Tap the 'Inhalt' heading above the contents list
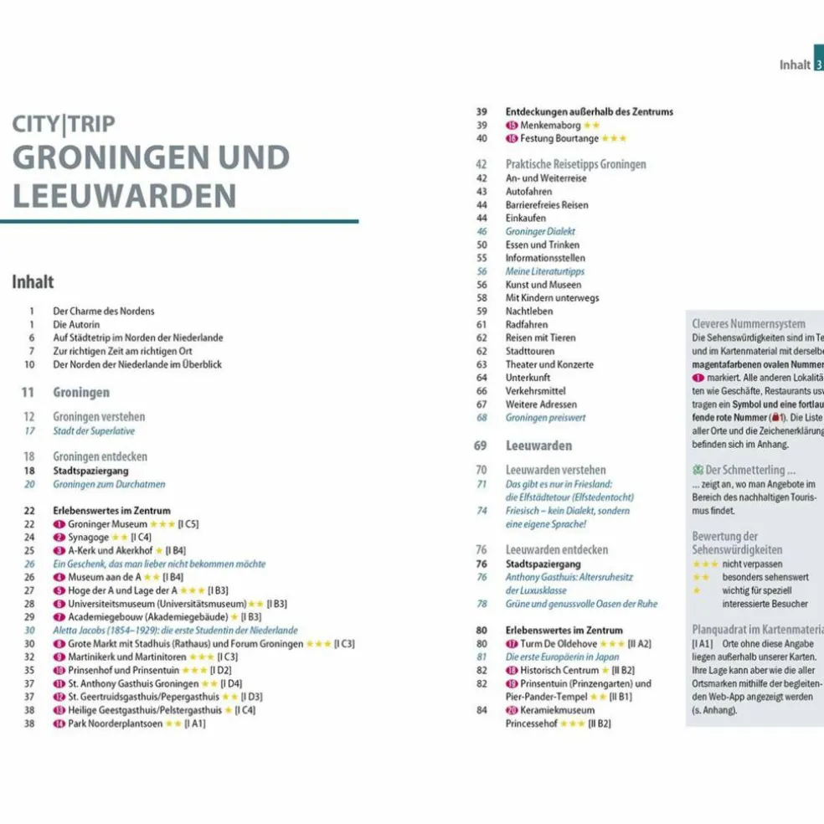pyautogui.click(x=33, y=282)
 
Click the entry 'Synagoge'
pyautogui.click(x=88, y=538)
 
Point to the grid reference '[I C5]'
pyautogui.click(x=188, y=524)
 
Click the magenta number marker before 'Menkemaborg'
pyautogui.click(x=512, y=125)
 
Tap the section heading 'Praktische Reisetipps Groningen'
pyautogui.click(x=575, y=164)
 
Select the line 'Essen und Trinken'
pyautogui.click(x=542, y=245)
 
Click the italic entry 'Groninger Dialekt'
pyautogui.click(x=540, y=231)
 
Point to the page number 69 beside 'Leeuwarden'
pyautogui.click(x=481, y=445)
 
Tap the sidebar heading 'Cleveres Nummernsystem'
pyautogui.click(x=749, y=323)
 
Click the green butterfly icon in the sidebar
pyautogui.click(x=698, y=470)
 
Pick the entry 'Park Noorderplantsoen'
pyautogui.click(x=116, y=724)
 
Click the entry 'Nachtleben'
pyautogui.click(x=529, y=311)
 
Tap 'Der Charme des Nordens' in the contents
pyautogui.click(x=104, y=311)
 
